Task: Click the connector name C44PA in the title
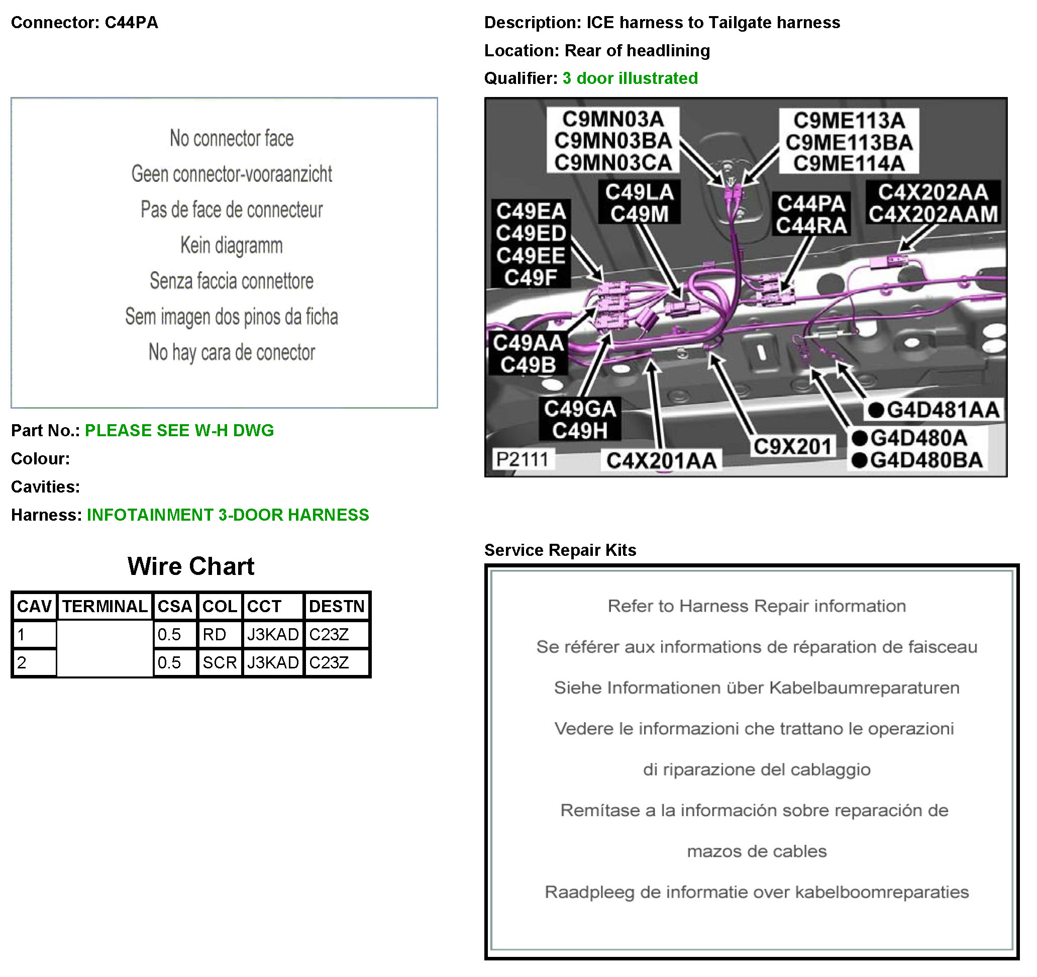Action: [132, 23]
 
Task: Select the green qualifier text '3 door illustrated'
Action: [630, 78]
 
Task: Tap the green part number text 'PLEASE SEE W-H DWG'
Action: [179, 431]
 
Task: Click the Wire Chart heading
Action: [191, 566]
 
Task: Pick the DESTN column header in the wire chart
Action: [337, 607]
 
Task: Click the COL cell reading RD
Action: [215, 635]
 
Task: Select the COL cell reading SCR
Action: [220, 663]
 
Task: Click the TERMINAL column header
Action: [105, 607]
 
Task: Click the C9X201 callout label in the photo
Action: [792, 447]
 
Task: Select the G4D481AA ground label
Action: [933, 410]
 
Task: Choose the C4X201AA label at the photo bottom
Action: [661, 461]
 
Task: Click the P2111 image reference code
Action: [522, 460]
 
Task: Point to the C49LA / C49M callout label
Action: [640, 203]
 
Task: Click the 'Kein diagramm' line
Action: [232, 245]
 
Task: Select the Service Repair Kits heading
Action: [560, 550]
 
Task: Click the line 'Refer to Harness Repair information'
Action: [757, 606]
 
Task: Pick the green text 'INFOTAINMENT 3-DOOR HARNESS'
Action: [228, 515]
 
